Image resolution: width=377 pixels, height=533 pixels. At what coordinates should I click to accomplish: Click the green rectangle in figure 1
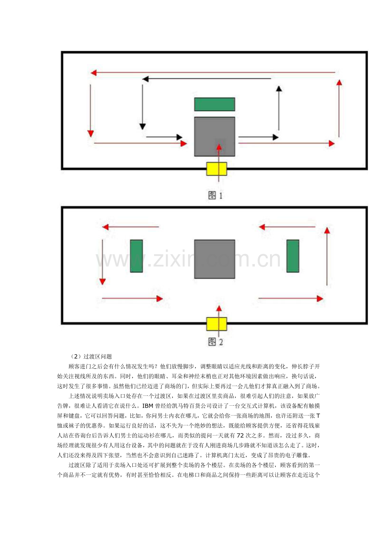click(x=215, y=104)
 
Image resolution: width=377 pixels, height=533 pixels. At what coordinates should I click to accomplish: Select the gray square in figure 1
click(x=215, y=137)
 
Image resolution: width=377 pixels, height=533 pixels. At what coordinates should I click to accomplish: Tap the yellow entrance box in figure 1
click(x=216, y=169)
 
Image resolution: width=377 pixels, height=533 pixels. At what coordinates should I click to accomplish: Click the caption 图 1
click(x=215, y=196)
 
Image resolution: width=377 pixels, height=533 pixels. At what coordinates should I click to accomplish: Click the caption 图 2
click(x=215, y=342)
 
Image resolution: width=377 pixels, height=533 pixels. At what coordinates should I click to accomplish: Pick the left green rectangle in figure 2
click(x=136, y=256)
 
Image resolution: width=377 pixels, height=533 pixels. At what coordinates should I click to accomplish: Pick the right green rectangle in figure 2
click(x=293, y=256)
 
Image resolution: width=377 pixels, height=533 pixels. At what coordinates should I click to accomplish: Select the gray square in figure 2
click(x=215, y=259)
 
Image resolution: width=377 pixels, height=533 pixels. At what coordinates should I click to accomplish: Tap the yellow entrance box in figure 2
click(x=216, y=324)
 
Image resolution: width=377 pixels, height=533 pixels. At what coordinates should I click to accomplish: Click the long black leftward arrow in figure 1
click(x=207, y=79)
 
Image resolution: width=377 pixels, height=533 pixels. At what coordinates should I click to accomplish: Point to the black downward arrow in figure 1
click(x=143, y=107)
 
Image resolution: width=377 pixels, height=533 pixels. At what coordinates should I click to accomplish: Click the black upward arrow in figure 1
click(x=279, y=108)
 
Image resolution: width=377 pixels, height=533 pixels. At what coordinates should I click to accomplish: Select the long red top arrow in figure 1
click(x=213, y=72)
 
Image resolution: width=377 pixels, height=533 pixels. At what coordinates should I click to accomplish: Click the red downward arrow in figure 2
click(x=102, y=262)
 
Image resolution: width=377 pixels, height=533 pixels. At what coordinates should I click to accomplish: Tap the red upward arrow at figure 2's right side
click(x=327, y=256)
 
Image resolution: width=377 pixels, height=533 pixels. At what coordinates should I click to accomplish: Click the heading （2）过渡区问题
click(x=91, y=357)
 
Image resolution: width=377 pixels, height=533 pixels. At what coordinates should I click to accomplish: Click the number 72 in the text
click(x=240, y=436)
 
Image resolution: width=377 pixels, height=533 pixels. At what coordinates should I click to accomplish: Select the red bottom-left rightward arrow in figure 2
click(x=132, y=298)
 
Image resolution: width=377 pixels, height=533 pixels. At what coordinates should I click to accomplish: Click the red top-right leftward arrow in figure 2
click(x=287, y=227)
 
